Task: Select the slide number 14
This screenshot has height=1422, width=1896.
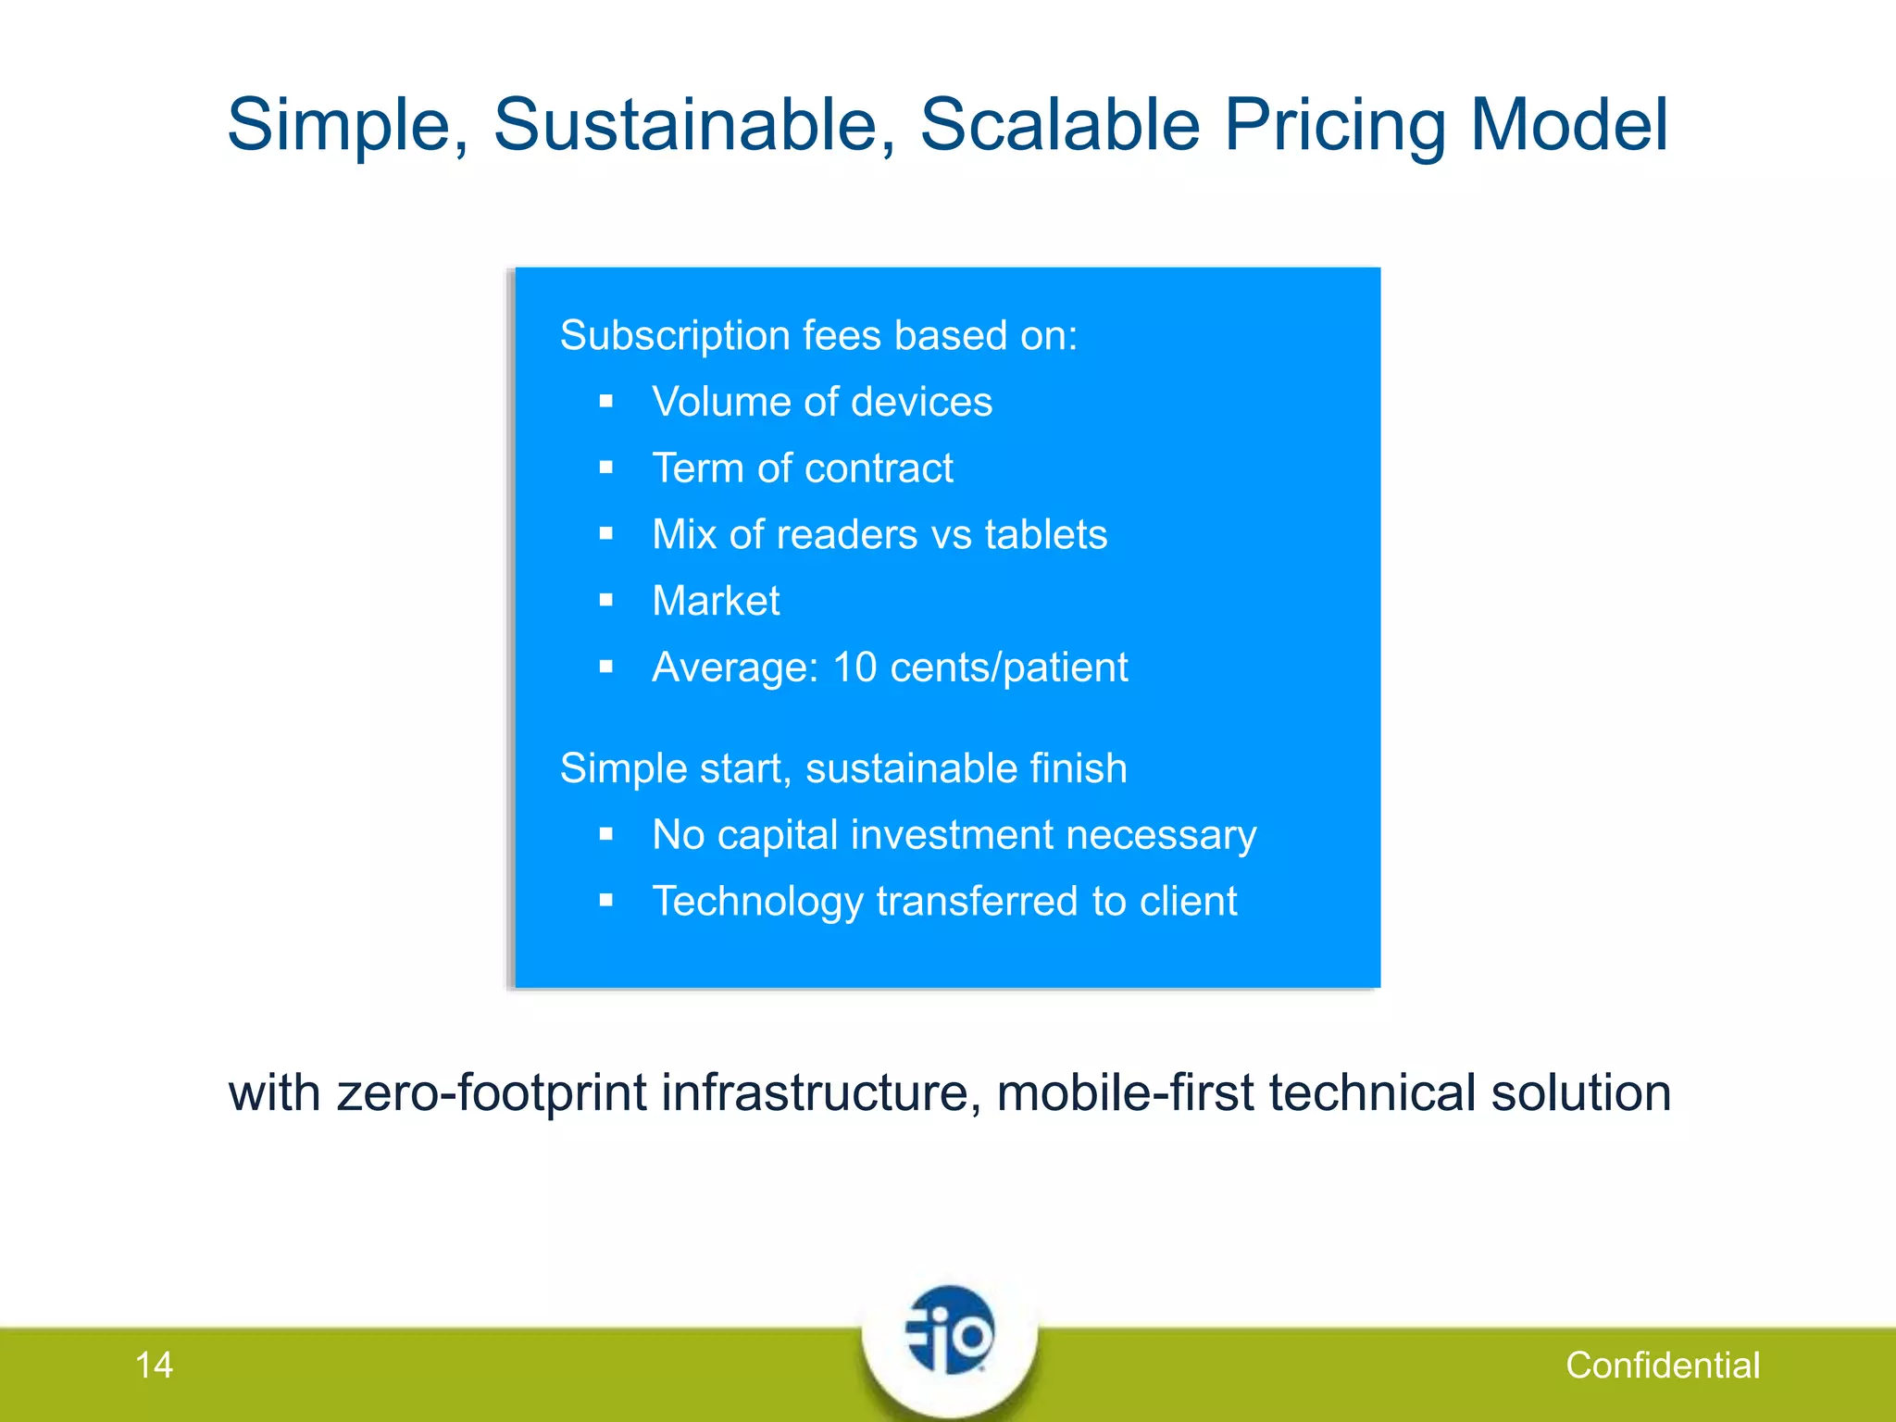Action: pos(154,1365)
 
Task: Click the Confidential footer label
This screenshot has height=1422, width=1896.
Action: pos(1662,1365)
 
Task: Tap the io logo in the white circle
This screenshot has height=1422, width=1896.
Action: pos(950,1333)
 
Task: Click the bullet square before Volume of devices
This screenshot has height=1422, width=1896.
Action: pos(606,401)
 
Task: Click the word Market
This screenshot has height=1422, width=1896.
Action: pos(716,601)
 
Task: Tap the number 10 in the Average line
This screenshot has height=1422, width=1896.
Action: pos(854,667)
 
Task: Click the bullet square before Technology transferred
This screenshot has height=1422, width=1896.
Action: pos(606,900)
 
